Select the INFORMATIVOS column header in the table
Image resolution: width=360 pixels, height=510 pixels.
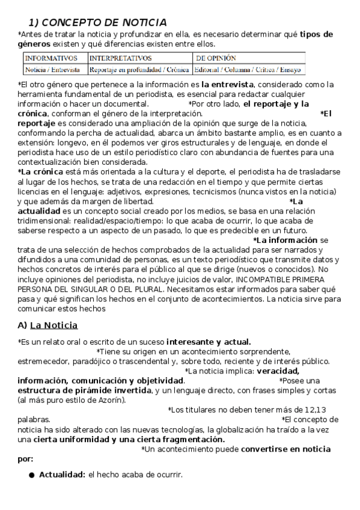[51, 58]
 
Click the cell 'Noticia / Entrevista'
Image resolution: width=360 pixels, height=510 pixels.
[52, 70]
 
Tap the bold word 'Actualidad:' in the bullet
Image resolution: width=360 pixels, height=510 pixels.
[62, 475]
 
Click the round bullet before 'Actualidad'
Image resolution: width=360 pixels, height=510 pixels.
[32, 476]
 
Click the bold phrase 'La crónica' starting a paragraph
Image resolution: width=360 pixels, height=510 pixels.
[43, 172]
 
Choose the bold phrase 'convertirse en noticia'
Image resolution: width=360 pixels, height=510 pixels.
[285, 449]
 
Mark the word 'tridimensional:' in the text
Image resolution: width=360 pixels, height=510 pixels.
[45, 221]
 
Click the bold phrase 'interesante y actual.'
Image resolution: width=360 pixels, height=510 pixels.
[209, 342]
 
